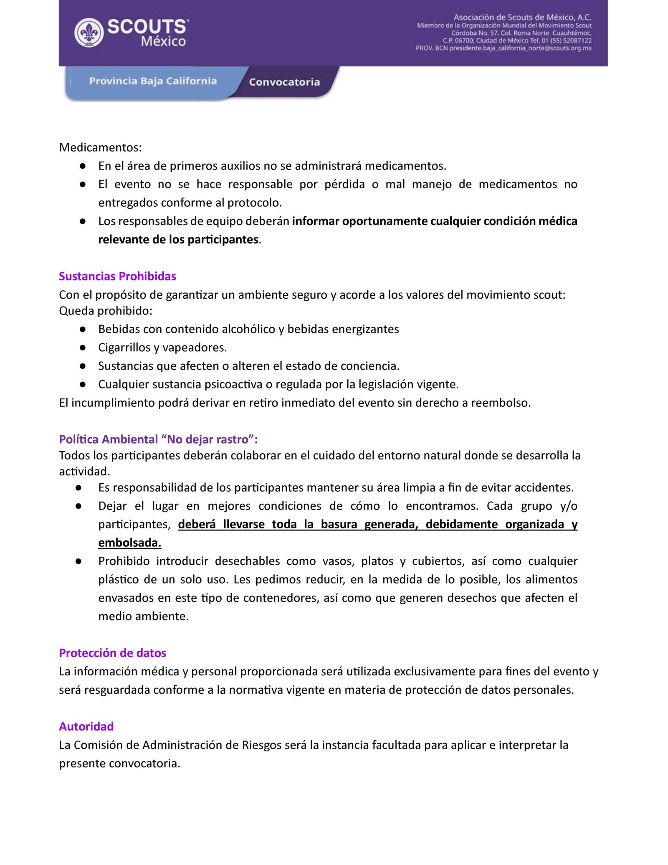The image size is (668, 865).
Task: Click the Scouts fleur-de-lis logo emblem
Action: coord(89,33)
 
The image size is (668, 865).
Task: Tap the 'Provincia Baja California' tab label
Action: coord(153,81)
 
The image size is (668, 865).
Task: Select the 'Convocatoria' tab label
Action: coord(284,82)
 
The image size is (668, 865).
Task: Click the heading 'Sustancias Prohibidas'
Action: coord(117,276)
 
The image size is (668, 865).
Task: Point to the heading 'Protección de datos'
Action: coord(112,653)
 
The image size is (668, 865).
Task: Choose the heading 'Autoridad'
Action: coord(86,726)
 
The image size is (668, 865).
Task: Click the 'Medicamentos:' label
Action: coord(100,147)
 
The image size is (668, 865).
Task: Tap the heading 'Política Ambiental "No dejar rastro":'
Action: coord(158,439)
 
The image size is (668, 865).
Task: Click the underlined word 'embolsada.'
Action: coord(129,543)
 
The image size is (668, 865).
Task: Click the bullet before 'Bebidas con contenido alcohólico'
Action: coord(83,329)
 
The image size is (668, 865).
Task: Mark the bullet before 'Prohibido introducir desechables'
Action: coord(78,561)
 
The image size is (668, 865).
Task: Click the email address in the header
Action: coord(520,48)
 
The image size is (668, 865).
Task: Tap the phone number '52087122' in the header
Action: coord(577,41)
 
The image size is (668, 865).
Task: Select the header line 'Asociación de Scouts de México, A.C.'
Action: coord(522,17)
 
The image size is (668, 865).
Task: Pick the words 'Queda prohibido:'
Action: coord(106,311)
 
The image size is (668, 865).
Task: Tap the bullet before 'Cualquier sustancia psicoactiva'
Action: coord(83,384)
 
